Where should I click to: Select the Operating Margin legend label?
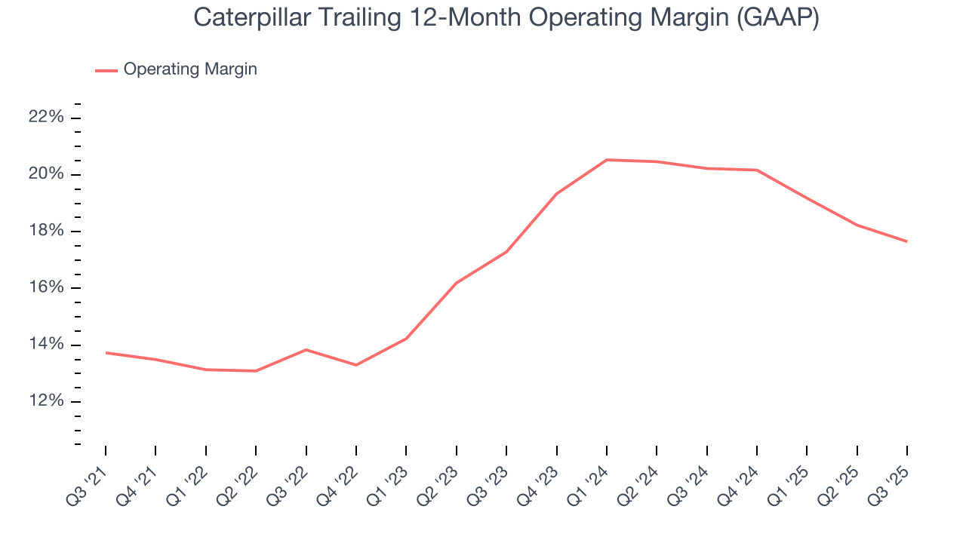click(x=190, y=69)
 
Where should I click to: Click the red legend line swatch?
click(x=106, y=70)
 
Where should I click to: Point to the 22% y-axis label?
click(x=45, y=118)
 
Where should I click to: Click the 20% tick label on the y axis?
click(x=45, y=174)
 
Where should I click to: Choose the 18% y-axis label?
click(x=45, y=231)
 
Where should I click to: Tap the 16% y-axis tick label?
click(x=45, y=288)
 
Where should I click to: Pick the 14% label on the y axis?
click(x=45, y=345)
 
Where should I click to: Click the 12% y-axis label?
click(x=45, y=401)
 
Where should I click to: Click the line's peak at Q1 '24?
click(x=607, y=160)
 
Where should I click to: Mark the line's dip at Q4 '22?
click(x=356, y=365)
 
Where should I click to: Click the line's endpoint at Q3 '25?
click(x=906, y=241)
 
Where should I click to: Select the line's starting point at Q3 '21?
click(x=106, y=352)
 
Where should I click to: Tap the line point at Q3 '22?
click(x=306, y=350)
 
